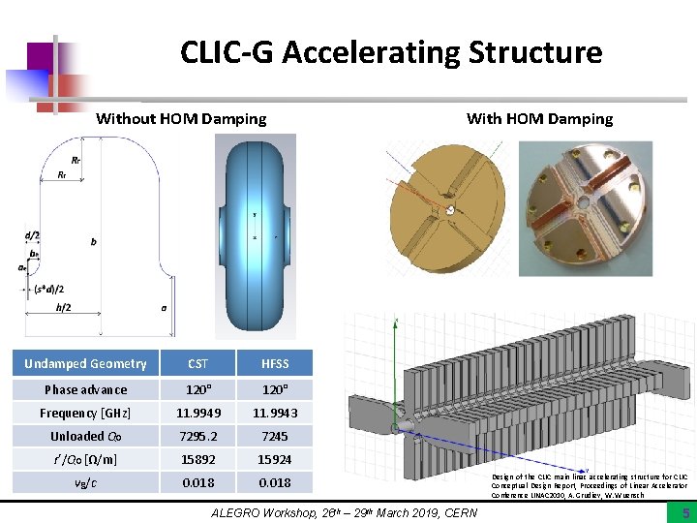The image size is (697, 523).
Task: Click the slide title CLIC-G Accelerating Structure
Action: point(390,52)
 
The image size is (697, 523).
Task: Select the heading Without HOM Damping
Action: point(181,119)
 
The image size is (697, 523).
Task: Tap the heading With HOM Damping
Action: point(539,119)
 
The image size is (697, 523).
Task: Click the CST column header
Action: point(197,364)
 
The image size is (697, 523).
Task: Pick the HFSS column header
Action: point(274,364)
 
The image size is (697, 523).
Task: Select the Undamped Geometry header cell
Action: point(85,364)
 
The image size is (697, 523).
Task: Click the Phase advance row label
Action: point(85,389)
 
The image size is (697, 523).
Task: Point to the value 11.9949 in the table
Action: point(197,413)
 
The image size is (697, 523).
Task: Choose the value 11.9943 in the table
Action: point(274,413)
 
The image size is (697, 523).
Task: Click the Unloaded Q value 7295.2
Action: point(197,436)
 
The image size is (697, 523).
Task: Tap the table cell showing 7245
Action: point(274,436)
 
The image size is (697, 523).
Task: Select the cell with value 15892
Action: point(197,459)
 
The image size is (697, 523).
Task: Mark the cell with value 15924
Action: point(274,459)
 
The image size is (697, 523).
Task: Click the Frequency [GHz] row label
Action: point(85,413)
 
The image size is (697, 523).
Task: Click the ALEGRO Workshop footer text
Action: point(344,512)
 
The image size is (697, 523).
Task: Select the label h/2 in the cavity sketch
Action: point(64,308)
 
